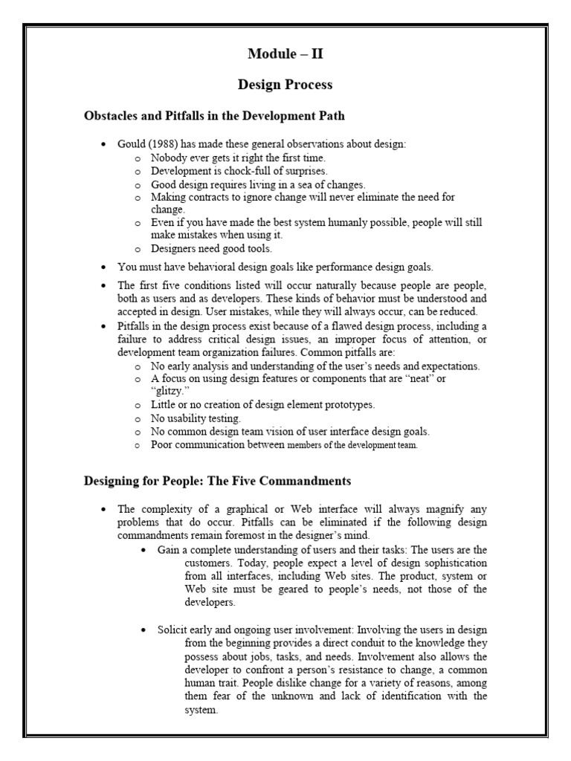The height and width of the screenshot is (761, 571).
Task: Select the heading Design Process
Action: click(x=285, y=85)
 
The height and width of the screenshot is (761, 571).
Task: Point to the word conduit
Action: click(x=376, y=643)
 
